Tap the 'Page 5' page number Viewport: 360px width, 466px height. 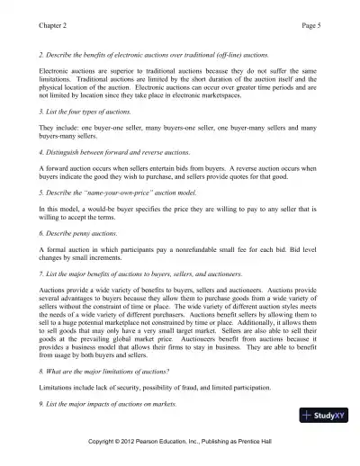[x=305, y=13]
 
